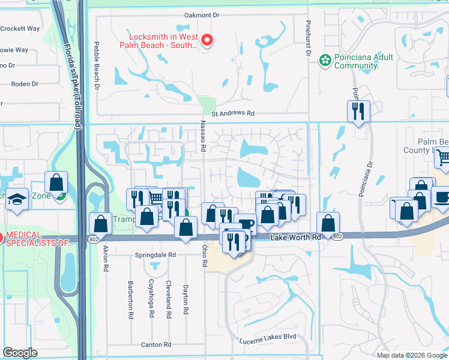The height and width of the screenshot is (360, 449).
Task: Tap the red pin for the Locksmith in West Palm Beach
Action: pyautogui.click(x=207, y=41)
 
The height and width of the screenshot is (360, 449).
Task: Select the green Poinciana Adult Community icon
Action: pyautogui.click(x=325, y=60)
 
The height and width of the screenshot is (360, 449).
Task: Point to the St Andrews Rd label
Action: pyautogui.click(x=232, y=113)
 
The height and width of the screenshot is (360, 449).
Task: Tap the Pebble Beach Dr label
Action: pyautogui.click(x=96, y=66)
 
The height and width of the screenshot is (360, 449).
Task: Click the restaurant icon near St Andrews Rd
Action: pyautogui.click(x=358, y=111)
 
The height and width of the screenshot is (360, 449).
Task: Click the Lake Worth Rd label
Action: pyautogui.click(x=295, y=238)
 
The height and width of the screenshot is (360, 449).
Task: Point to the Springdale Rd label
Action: pyautogui.click(x=155, y=254)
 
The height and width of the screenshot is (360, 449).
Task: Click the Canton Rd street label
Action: pyautogui.click(x=156, y=344)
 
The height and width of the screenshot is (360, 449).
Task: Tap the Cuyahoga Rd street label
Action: pyautogui.click(x=152, y=306)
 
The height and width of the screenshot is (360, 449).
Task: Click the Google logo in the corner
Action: pyautogui.click(x=20, y=353)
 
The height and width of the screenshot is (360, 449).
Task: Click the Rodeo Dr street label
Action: pyautogui.click(x=26, y=85)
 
